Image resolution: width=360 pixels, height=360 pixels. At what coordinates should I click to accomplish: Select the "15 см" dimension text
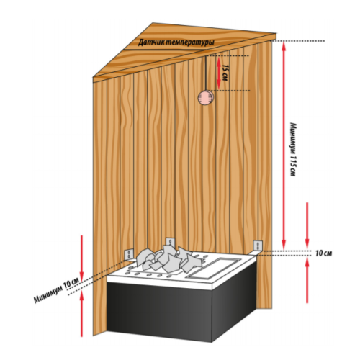tap(226, 72)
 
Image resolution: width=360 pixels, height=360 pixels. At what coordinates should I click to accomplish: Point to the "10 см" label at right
tap(325, 253)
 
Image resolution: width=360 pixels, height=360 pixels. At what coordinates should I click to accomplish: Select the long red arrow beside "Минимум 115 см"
tap(285, 144)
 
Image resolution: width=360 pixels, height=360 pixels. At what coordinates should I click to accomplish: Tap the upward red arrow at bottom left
tap(81, 317)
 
